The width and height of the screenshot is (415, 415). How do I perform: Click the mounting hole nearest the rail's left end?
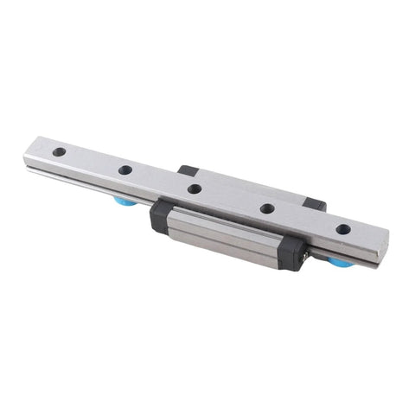59,151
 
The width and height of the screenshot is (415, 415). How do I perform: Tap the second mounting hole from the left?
125,169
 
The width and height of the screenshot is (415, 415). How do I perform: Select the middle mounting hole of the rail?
195,188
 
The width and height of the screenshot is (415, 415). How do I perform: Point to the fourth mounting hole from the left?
267,207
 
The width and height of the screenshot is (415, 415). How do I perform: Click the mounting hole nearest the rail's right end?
343,229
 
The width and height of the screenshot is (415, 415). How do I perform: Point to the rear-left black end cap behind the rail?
188,169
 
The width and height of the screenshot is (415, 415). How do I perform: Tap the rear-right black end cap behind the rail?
316,204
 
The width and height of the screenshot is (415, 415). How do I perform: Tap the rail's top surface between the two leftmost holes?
92,161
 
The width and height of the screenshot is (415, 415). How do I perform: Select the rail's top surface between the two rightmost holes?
305,219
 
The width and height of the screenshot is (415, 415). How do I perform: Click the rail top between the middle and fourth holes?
231,198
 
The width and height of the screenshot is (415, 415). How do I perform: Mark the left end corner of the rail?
26,156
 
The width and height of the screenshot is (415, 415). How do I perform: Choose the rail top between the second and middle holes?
160,179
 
